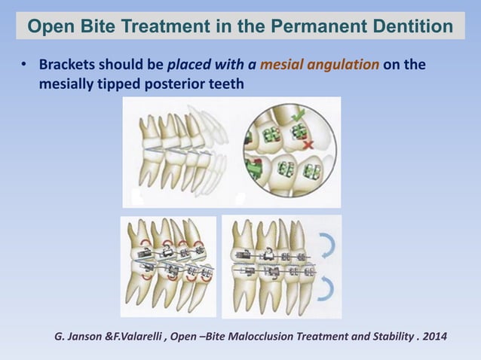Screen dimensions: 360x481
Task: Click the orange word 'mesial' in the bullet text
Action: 283,65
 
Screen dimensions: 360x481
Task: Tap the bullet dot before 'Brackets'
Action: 23,66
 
